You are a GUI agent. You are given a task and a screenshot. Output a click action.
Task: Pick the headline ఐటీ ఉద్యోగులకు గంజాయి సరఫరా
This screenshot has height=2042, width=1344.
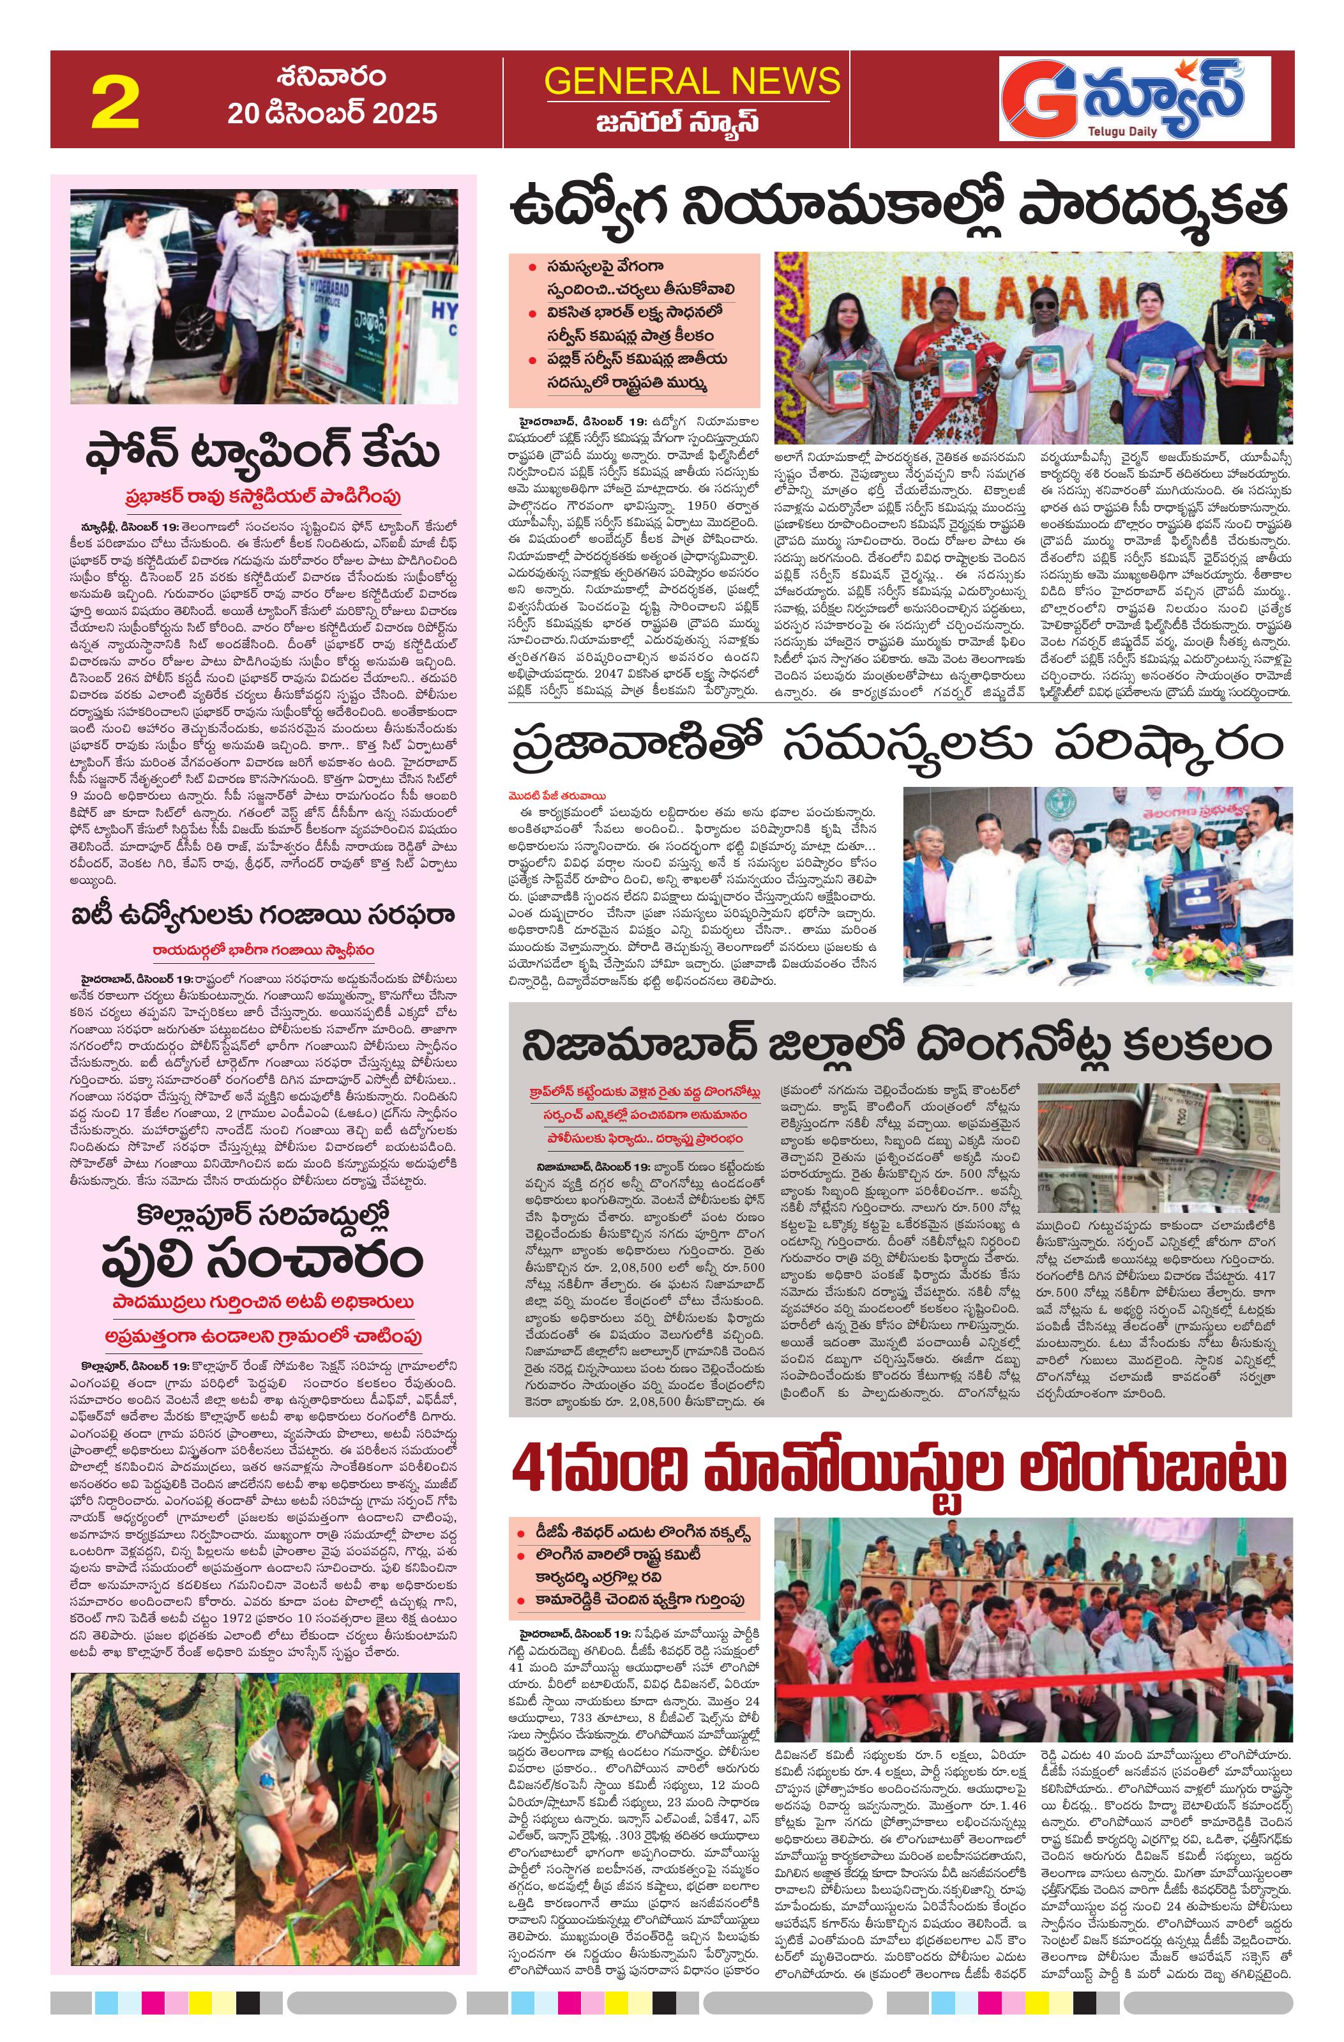tap(262, 915)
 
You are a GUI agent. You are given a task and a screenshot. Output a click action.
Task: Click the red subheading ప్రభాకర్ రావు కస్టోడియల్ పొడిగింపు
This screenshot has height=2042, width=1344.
tap(262, 497)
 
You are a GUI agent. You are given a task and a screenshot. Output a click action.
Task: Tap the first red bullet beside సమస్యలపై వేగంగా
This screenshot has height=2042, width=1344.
tap(532, 268)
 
